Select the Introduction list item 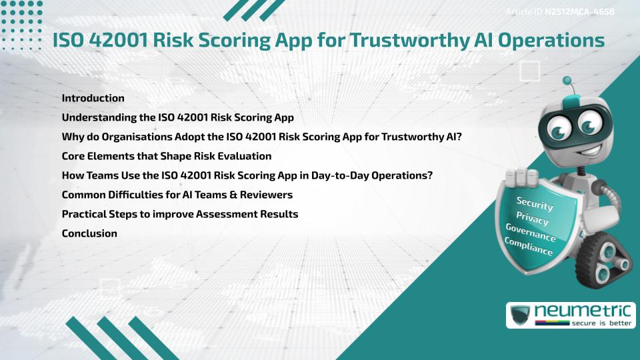93,98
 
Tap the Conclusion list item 89,233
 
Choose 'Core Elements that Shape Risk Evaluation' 166,156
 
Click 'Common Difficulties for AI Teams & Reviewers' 177,195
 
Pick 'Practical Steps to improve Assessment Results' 179,214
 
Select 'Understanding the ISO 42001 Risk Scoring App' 177,117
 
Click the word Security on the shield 535,204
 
